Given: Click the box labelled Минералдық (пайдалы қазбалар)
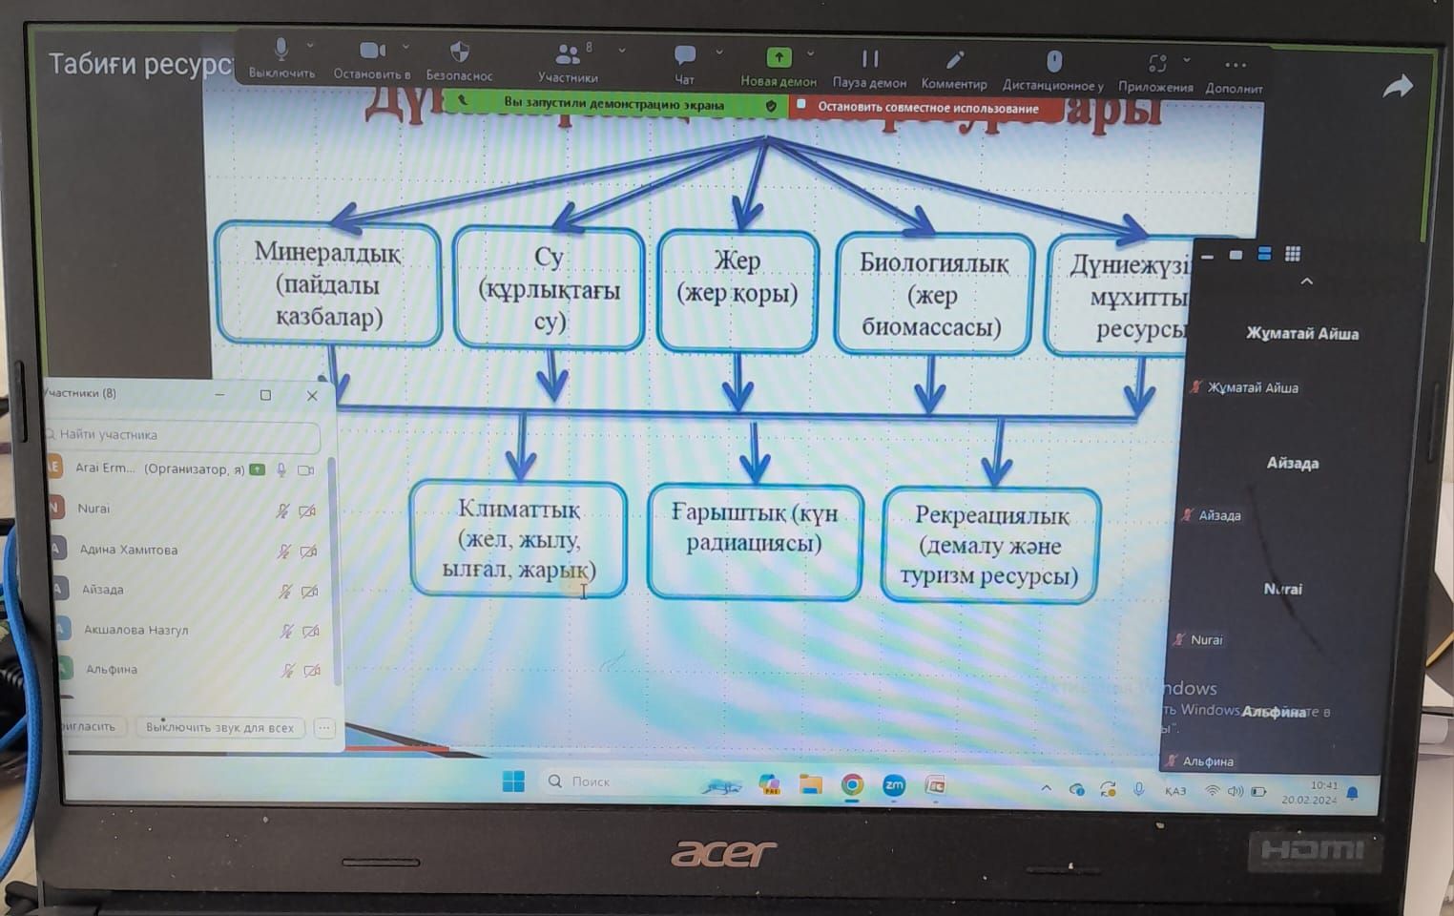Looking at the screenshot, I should click(x=328, y=283).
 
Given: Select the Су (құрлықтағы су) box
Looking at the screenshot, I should click(x=549, y=288).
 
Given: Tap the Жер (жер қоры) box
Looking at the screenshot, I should click(x=737, y=290).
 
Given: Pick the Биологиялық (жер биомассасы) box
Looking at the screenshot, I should click(x=933, y=294).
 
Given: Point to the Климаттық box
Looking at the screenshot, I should click(x=519, y=539).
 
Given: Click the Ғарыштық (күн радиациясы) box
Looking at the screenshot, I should click(x=754, y=541).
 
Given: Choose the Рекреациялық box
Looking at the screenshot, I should click(x=990, y=545).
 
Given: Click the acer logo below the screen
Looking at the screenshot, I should click(x=723, y=853).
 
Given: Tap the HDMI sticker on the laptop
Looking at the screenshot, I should click(x=1313, y=849).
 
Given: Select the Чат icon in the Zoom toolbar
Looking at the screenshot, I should click(x=684, y=55).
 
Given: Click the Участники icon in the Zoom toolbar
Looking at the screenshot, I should click(x=568, y=54).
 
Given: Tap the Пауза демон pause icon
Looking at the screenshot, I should click(x=869, y=59).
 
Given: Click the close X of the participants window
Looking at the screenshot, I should click(x=312, y=395).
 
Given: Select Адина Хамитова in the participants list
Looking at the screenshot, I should click(x=129, y=550).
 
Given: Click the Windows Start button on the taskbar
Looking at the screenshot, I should click(x=513, y=781).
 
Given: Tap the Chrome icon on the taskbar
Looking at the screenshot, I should click(x=852, y=784).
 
